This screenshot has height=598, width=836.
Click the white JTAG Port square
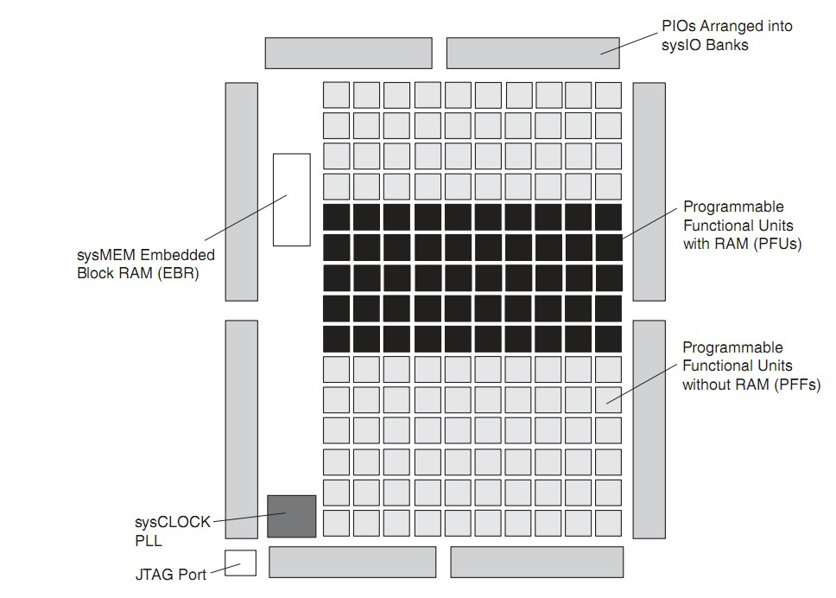[x=240, y=563]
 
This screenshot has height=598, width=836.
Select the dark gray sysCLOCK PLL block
[x=291, y=516]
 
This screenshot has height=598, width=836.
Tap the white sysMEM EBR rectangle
[x=291, y=200]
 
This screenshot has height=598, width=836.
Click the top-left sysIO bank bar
[x=348, y=53]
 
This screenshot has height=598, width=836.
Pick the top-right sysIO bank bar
[x=532, y=53]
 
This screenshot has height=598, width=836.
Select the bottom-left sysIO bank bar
[x=352, y=562]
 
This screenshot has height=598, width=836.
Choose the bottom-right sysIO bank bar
[x=536, y=562]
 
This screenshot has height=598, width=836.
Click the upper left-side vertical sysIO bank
[x=242, y=192]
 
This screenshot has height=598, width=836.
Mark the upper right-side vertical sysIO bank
[x=649, y=192]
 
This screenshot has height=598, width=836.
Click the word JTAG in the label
[x=153, y=573]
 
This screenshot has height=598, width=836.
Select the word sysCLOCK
[x=172, y=522]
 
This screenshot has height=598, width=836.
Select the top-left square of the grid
[x=336, y=95]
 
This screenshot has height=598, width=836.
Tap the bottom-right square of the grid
[x=608, y=523]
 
